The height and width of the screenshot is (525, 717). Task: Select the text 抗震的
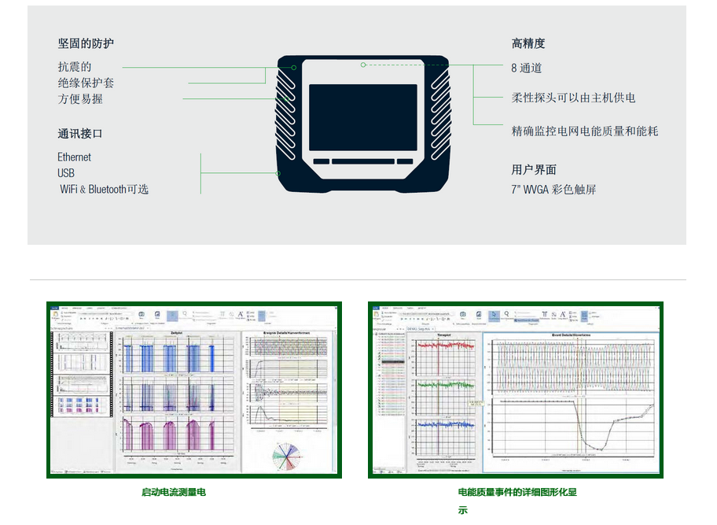click(75, 67)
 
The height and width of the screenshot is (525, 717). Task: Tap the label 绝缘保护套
click(86, 83)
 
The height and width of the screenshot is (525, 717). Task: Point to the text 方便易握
click(80, 99)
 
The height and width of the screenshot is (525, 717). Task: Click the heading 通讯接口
click(80, 133)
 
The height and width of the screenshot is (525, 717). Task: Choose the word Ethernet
click(75, 157)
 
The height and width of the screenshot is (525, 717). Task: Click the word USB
click(66, 173)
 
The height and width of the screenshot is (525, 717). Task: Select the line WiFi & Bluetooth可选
click(104, 189)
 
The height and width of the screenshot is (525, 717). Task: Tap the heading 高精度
click(528, 43)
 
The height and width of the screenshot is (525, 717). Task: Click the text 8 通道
click(527, 68)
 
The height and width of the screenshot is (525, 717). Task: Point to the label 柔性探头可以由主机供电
click(573, 98)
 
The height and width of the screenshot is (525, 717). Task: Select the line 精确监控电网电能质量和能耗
click(585, 131)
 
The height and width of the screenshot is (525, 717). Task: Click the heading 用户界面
click(534, 169)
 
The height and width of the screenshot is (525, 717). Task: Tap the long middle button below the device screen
click(362, 161)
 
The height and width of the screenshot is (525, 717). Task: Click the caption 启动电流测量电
click(174, 492)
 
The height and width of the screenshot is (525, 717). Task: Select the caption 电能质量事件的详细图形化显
click(517, 492)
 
